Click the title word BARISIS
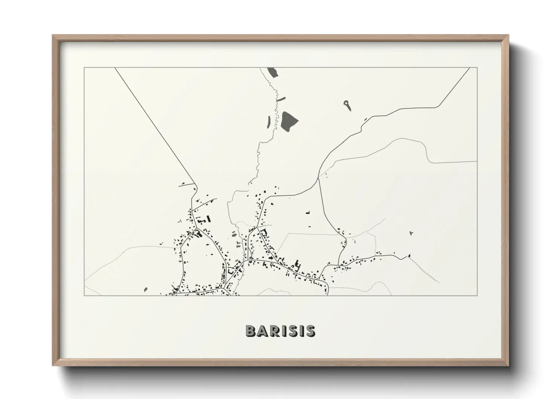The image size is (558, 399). click(x=280, y=331)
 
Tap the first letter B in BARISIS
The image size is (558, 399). click(x=251, y=331)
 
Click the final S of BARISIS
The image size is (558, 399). click(x=310, y=331)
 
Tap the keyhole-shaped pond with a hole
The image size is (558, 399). click(x=347, y=104)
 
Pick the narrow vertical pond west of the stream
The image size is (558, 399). click(x=269, y=121)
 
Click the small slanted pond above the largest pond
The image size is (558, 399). click(x=281, y=99)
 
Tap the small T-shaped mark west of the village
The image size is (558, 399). click(x=180, y=220)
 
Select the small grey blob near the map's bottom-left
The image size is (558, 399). click(x=145, y=290)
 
